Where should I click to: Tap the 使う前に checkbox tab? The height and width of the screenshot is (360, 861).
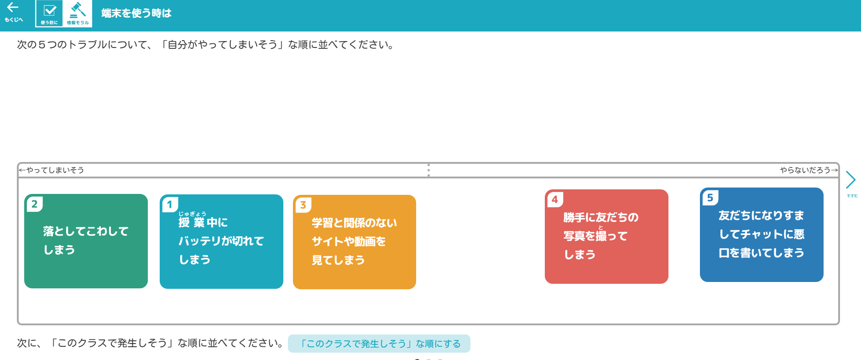tap(49, 14)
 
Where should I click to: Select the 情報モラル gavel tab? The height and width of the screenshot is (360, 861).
tap(78, 14)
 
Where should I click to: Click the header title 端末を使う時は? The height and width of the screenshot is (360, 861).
tap(136, 13)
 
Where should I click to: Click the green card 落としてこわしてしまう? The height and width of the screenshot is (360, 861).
tap(86, 241)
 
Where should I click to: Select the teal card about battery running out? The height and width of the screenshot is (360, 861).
tap(221, 241)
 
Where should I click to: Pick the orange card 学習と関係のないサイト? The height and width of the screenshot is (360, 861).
tap(355, 242)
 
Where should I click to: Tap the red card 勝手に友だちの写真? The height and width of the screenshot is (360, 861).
tap(606, 236)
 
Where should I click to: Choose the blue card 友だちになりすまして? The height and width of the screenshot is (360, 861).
tap(762, 235)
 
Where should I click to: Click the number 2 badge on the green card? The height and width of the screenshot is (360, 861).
tap(35, 204)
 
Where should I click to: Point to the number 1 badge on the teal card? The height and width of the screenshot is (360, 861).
tap(170, 204)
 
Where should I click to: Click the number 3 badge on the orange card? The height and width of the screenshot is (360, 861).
tap(303, 205)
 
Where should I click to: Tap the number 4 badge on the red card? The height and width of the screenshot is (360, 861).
tap(555, 199)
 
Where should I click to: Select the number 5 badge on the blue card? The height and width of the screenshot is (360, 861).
tap(710, 198)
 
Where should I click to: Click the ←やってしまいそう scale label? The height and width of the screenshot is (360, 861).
tap(52, 170)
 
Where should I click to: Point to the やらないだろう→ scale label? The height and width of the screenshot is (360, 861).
tap(809, 170)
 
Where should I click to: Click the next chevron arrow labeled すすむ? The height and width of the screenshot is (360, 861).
tap(851, 180)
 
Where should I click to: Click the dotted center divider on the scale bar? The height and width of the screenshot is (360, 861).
tap(428, 170)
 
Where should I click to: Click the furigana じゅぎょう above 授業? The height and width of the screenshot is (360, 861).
tap(192, 214)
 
